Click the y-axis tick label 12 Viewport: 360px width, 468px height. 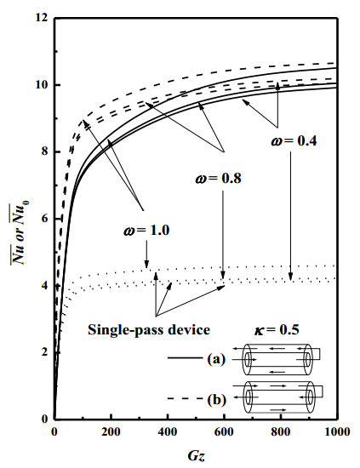coord(41,18)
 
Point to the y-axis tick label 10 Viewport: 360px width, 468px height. coord(41,85)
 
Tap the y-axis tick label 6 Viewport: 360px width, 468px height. coord(44,219)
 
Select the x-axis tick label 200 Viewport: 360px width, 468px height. coord(111,432)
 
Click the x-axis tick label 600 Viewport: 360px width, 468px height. coord(224,432)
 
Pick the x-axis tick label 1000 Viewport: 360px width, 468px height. coord(337,432)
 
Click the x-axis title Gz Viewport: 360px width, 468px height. coord(197,456)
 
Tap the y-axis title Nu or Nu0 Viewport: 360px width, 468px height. coord(18,233)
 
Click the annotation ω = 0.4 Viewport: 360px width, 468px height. coord(294,140)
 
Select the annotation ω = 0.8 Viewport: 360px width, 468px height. coord(218,178)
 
